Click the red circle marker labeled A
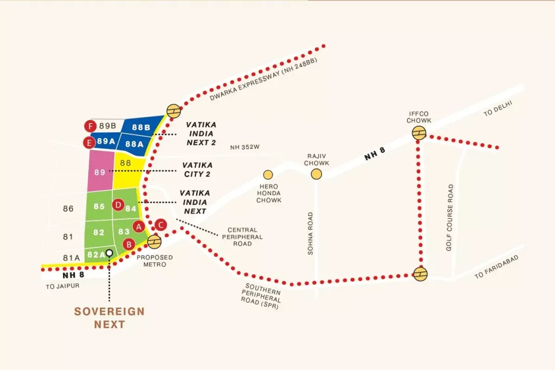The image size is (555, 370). tap(139, 226)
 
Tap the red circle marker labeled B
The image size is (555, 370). tap(129, 244)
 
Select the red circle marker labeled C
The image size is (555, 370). tap(160, 224)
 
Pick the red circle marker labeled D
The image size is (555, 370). tap(118, 205)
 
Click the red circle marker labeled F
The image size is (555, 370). tap(91, 126)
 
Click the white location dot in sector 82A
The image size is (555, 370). tap(109, 252)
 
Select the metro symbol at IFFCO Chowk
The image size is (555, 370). tap(419, 133)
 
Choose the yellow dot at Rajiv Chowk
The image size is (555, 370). tap(316, 174)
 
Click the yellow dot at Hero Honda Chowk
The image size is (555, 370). tap(268, 174)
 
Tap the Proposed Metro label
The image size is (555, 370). tap(154, 261)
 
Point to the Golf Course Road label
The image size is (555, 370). tap(449, 217)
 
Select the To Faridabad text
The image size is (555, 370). tap(496, 267)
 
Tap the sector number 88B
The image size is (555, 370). tap(141, 127)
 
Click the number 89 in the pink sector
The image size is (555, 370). tap(99, 172)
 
